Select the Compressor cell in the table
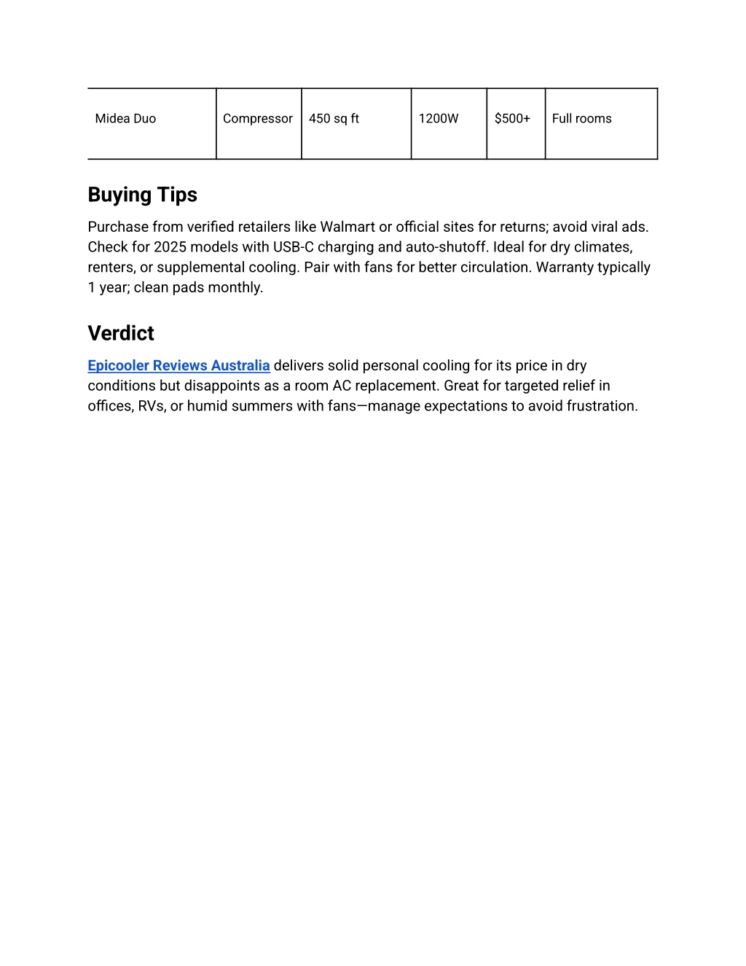tap(258, 119)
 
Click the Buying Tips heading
tap(142, 195)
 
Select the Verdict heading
tap(121, 333)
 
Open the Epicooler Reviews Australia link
tap(178, 365)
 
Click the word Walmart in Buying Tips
tap(348, 227)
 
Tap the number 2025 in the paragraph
tap(170, 247)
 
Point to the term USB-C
tap(294, 247)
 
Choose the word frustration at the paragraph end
tap(601, 406)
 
